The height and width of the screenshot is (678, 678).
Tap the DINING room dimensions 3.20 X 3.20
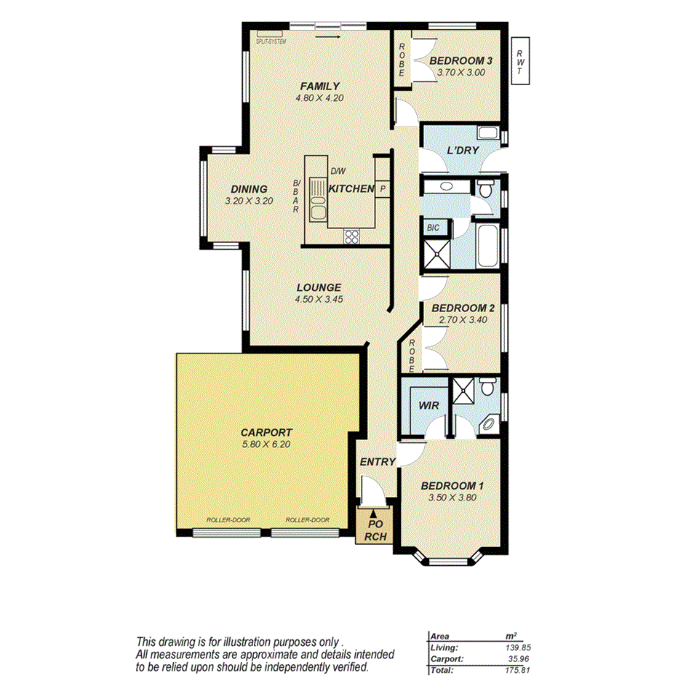(x=249, y=202)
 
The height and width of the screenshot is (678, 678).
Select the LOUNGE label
(x=318, y=287)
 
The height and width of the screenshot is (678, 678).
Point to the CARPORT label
(x=266, y=431)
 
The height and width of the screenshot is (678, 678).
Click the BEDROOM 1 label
(x=452, y=486)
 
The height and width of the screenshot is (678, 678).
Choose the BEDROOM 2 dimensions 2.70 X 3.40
(x=463, y=319)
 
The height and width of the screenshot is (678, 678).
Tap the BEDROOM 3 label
(x=460, y=61)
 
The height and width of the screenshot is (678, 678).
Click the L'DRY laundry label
(x=462, y=151)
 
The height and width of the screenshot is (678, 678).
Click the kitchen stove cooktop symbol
(x=351, y=236)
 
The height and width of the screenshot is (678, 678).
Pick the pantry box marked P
(x=383, y=189)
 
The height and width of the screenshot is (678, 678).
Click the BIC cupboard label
(x=434, y=228)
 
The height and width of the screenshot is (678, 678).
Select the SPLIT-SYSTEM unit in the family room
(x=271, y=35)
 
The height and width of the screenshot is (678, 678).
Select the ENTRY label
(x=378, y=462)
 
